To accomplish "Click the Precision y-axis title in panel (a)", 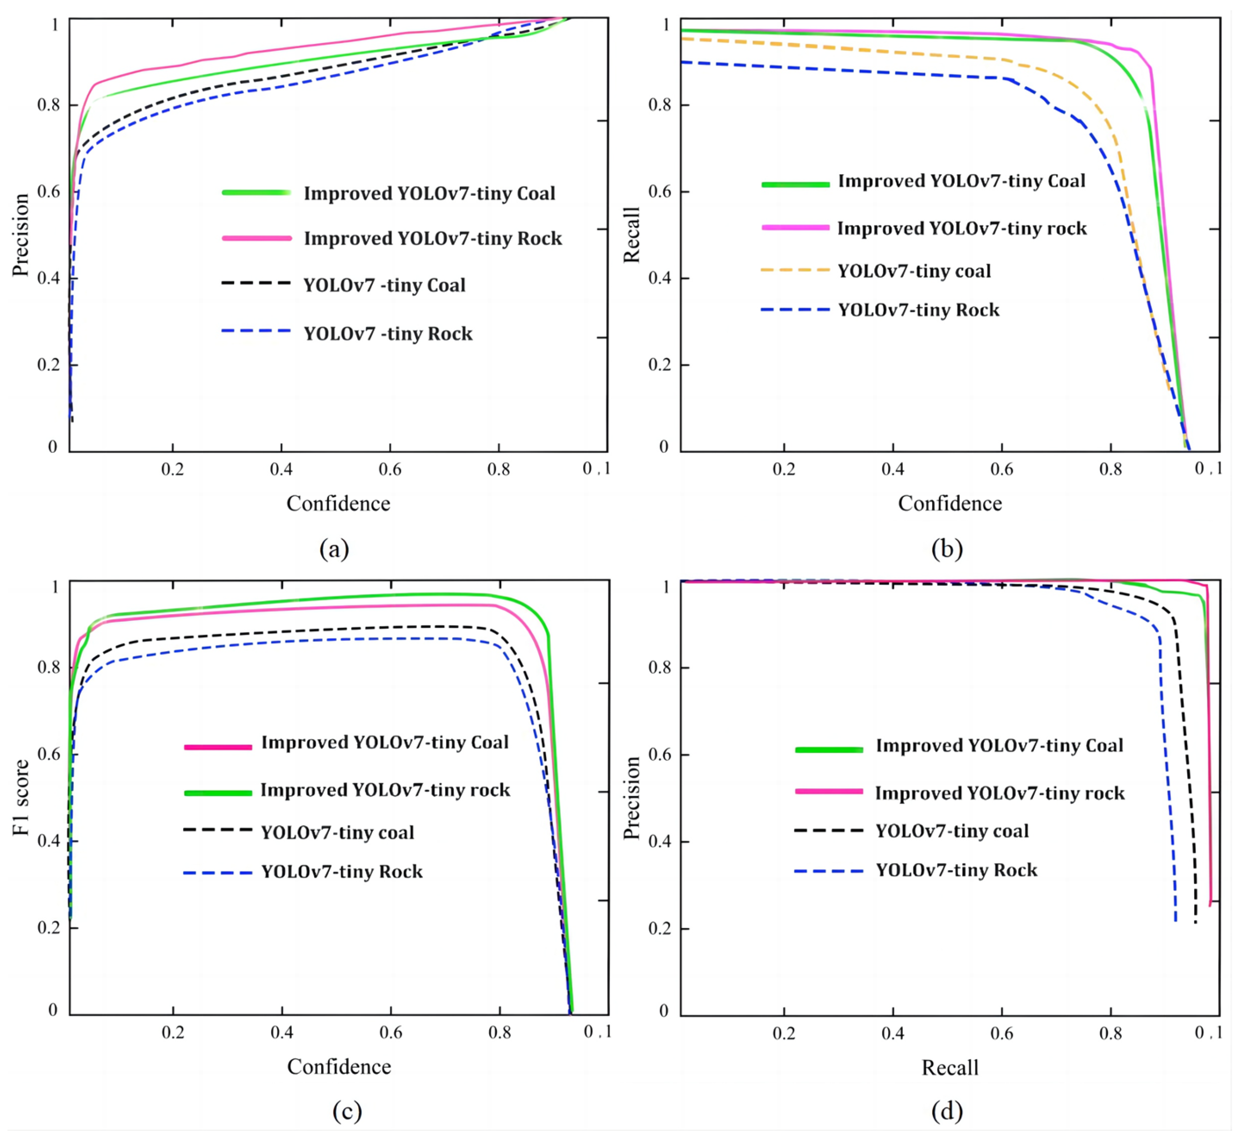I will tap(21, 235).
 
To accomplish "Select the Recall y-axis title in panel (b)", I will tap(632, 235).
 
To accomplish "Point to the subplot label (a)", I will tap(334, 548).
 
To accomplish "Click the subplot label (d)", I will tap(947, 1110).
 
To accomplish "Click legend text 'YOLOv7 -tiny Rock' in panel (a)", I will tap(388, 334).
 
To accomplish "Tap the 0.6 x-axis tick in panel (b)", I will tap(1002, 469).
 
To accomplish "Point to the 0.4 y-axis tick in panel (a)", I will tap(49, 278).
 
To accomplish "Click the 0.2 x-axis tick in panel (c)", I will tap(173, 1032).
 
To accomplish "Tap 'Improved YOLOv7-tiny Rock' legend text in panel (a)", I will tap(432, 238).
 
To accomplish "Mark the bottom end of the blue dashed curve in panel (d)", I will tap(1175, 921).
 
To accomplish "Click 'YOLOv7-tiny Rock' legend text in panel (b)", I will tap(919, 309).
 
